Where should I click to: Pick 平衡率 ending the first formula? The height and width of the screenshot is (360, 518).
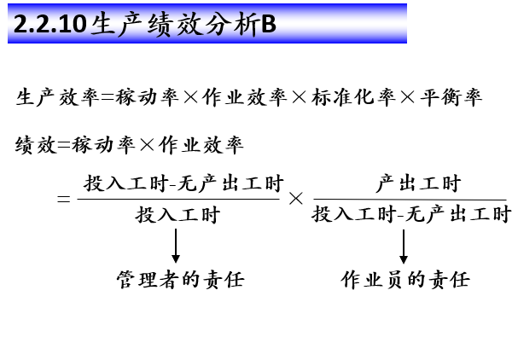tap(451, 98)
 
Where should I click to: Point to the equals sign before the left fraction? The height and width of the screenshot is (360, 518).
tap(62, 200)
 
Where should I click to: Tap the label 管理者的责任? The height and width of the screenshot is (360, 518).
tap(180, 280)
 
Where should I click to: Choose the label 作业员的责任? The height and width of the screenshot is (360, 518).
tap(405, 280)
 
